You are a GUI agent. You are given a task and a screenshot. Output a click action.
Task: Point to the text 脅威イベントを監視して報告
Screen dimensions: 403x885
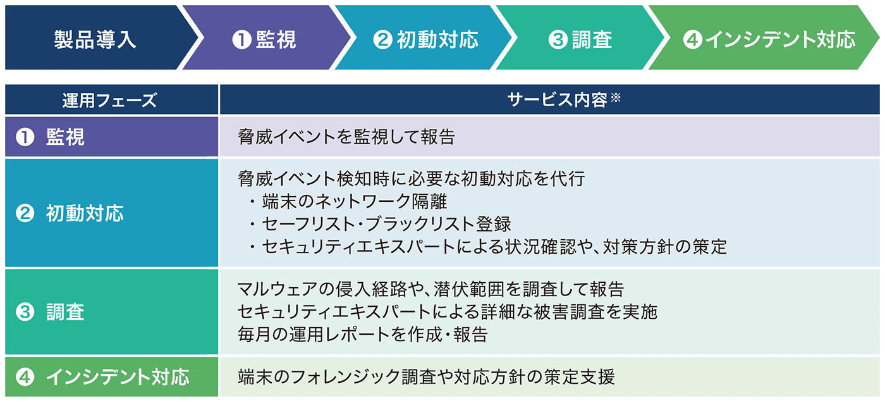[346, 137]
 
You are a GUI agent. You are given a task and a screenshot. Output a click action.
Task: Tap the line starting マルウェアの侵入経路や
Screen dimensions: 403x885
[430, 289]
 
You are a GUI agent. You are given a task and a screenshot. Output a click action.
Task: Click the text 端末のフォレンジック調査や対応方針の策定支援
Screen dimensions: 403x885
[426, 377]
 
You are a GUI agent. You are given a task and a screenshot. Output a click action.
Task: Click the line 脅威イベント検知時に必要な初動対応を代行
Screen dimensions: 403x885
[412, 178]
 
